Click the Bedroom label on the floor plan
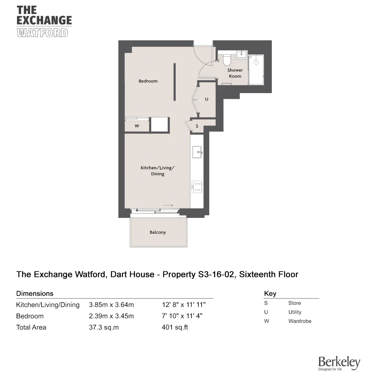[148, 81]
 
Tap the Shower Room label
[235, 73]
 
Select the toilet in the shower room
[227, 60]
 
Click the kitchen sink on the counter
[197, 152]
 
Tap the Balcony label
[158, 232]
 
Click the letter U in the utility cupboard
[207, 99]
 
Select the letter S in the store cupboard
[197, 126]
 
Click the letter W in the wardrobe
[137, 126]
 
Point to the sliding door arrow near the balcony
[169, 205]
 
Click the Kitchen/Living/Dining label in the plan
[158, 171]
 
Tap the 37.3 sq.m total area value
[104, 327]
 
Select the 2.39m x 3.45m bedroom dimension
[111, 316]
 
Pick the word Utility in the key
[295, 312]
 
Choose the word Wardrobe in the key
[300, 321]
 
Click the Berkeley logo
[339, 363]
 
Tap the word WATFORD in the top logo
[43, 33]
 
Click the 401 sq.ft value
[175, 327]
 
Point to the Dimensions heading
[35, 293]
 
